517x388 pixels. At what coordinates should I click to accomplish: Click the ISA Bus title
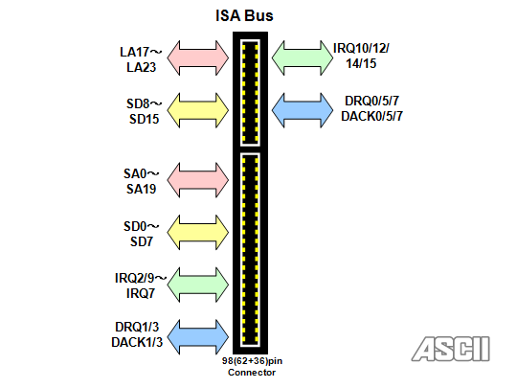tap(244, 15)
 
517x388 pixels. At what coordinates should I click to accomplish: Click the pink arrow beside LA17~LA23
tap(198, 57)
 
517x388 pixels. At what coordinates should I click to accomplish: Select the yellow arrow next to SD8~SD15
tap(198, 110)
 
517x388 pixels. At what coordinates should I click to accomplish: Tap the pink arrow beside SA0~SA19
tap(198, 180)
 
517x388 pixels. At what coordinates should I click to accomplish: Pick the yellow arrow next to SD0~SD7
tap(198, 232)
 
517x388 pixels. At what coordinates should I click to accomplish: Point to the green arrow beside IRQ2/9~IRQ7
tap(198, 285)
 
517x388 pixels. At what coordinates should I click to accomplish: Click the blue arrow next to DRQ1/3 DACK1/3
tap(198, 337)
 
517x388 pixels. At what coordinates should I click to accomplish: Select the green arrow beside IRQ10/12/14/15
tap(303, 57)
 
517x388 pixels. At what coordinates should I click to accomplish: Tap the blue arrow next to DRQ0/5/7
tap(303, 110)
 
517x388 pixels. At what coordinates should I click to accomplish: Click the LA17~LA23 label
tap(141, 59)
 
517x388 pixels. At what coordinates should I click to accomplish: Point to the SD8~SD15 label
tap(144, 111)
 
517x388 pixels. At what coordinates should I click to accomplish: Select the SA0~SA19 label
tap(142, 181)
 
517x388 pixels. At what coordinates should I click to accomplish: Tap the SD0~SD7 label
tap(142, 234)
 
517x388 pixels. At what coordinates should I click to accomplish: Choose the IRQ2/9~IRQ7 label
tap(141, 285)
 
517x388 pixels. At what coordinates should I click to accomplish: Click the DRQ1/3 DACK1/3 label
tap(137, 334)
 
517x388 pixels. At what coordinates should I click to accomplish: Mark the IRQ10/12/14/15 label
tap(361, 56)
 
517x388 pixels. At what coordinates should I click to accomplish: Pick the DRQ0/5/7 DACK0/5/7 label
tap(371, 108)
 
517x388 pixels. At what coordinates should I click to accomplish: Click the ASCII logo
tap(451, 349)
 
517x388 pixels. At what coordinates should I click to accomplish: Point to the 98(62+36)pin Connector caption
tap(252, 367)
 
